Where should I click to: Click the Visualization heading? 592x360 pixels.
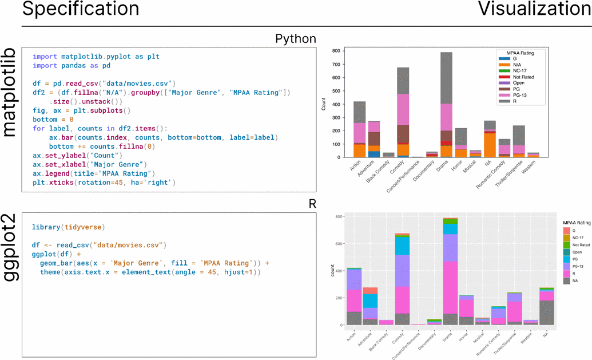[x=534, y=9]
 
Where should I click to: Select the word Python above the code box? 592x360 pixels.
[x=295, y=39]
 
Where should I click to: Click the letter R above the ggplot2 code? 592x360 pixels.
[x=312, y=204]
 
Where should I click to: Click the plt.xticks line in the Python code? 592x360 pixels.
[x=104, y=183]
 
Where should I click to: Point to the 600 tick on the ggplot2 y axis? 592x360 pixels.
[x=339, y=243]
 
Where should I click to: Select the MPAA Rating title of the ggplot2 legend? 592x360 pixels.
[x=577, y=221]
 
